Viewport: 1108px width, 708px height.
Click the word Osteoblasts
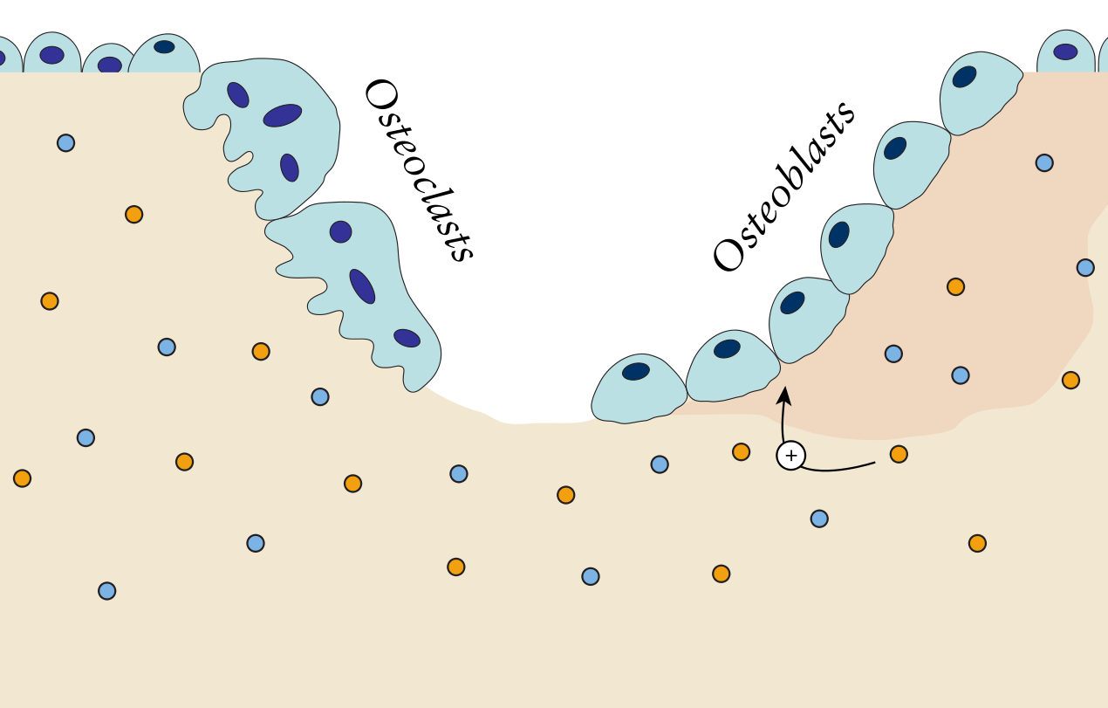(x=783, y=187)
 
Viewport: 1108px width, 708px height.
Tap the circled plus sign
(x=790, y=455)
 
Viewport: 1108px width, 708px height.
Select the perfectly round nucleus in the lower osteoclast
(x=340, y=231)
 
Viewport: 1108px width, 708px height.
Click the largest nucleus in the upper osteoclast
(x=282, y=115)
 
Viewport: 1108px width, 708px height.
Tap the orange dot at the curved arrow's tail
(x=899, y=454)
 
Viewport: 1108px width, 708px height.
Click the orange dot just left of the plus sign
(x=741, y=451)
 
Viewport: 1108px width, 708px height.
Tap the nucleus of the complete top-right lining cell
(x=1065, y=52)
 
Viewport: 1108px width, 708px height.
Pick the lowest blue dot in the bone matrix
(x=106, y=591)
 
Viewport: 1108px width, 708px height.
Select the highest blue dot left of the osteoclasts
(x=65, y=142)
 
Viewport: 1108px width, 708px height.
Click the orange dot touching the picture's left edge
(x=22, y=478)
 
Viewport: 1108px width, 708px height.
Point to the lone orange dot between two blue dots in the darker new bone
(x=955, y=286)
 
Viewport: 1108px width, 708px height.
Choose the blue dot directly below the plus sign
(x=818, y=519)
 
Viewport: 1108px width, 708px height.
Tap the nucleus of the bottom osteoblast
(x=635, y=371)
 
